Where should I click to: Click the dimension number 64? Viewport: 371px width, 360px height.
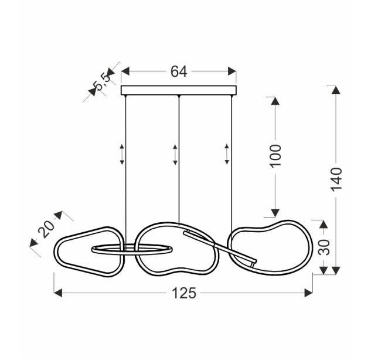[x=179, y=72]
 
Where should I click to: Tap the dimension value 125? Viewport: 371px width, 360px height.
[x=184, y=293]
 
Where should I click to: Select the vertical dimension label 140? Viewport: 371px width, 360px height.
[x=336, y=179]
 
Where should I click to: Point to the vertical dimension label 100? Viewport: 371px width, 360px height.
[x=275, y=156]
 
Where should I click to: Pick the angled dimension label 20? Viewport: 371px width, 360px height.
[x=46, y=229]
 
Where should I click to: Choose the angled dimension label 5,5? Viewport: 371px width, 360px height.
[x=102, y=81]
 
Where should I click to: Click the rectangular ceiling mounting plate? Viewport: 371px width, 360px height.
[x=179, y=90]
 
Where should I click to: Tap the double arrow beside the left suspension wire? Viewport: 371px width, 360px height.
[x=122, y=154]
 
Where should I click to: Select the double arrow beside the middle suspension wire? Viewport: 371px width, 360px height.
[x=175, y=155]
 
